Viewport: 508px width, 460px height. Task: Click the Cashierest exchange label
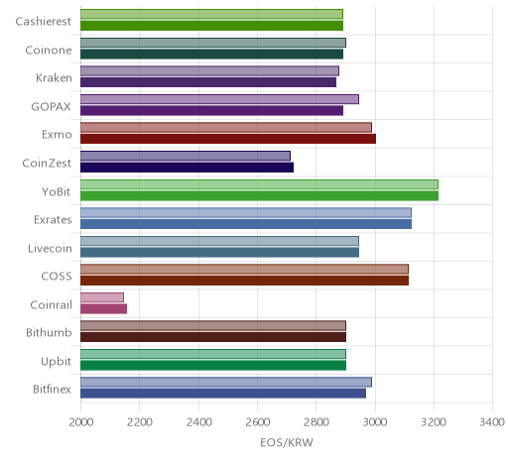(43, 22)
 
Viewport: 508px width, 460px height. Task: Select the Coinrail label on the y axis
(51, 304)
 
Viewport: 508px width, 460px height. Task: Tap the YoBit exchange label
(56, 191)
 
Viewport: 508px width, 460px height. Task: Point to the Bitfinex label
(52, 389)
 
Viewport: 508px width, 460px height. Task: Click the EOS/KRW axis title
(287, 442)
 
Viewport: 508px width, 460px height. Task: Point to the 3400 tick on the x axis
(492, 422)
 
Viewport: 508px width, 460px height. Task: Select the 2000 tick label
(81, 422)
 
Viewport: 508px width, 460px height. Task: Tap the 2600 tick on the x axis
(257, 422)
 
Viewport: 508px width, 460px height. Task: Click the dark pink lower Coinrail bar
(103, 309)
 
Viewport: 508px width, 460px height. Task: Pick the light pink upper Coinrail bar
(102, 297)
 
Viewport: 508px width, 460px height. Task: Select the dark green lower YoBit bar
(259, 195)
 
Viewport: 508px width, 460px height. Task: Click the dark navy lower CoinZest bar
(187, 168)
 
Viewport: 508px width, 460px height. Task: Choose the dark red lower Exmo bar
(228, 139)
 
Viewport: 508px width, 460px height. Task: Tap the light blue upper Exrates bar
(246, 212)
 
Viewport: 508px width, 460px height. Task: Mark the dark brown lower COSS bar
(244, 281)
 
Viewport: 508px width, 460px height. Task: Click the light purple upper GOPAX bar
(219, 99)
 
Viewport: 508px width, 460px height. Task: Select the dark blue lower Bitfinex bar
(223, 394)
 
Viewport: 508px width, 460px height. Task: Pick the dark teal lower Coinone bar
(211, 54)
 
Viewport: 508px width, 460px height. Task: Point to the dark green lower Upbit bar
(213, 366)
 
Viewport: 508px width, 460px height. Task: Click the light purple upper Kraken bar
(209, 70)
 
